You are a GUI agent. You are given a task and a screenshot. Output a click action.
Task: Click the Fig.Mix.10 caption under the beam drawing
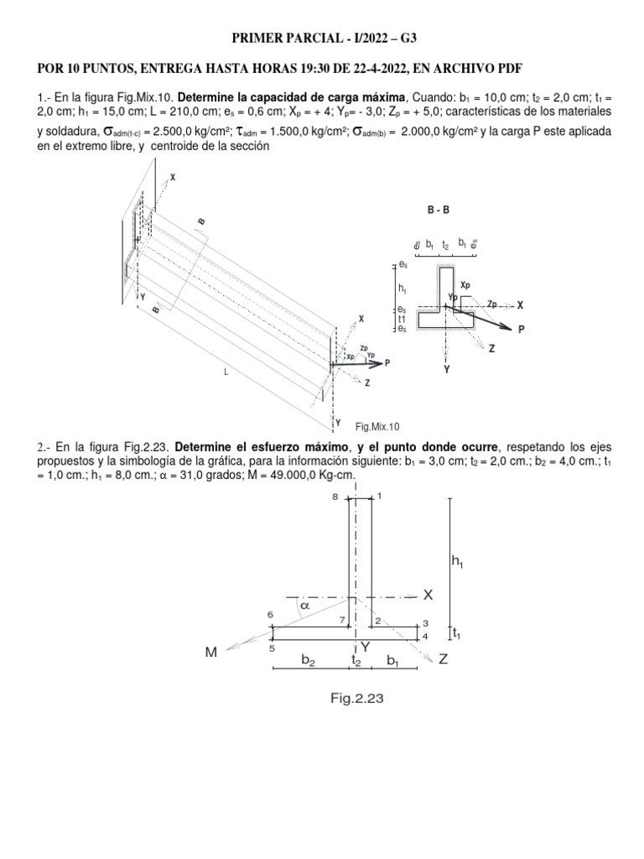378,426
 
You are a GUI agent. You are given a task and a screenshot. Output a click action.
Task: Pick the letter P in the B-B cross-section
521,330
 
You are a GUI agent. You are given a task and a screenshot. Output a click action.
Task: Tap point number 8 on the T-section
335,497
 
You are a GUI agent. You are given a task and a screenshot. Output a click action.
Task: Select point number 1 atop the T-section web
379,496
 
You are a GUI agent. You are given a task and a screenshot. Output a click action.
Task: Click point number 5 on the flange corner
272,648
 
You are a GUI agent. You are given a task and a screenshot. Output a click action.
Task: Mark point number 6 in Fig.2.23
271,614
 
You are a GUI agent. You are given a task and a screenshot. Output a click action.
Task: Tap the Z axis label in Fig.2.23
443,660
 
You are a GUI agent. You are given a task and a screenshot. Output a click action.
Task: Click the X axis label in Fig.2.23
428,595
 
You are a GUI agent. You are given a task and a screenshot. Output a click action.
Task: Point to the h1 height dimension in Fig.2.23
458,563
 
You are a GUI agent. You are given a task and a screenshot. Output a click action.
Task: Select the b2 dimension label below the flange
308,661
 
